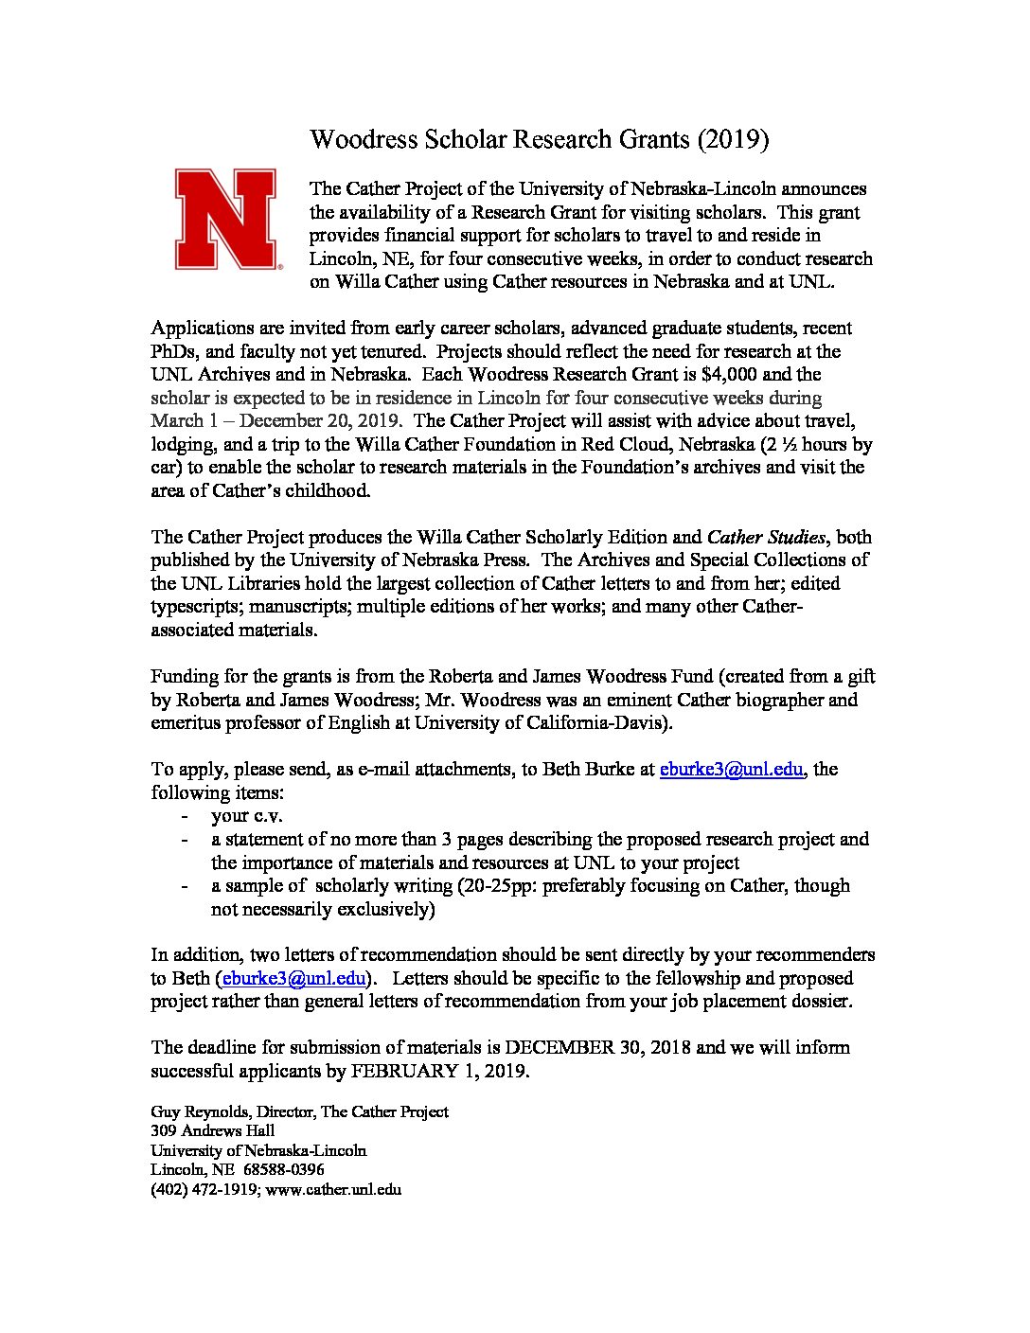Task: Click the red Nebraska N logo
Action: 225,220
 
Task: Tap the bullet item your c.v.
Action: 247,815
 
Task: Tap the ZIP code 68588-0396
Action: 283,1169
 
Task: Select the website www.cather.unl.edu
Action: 333,1189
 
